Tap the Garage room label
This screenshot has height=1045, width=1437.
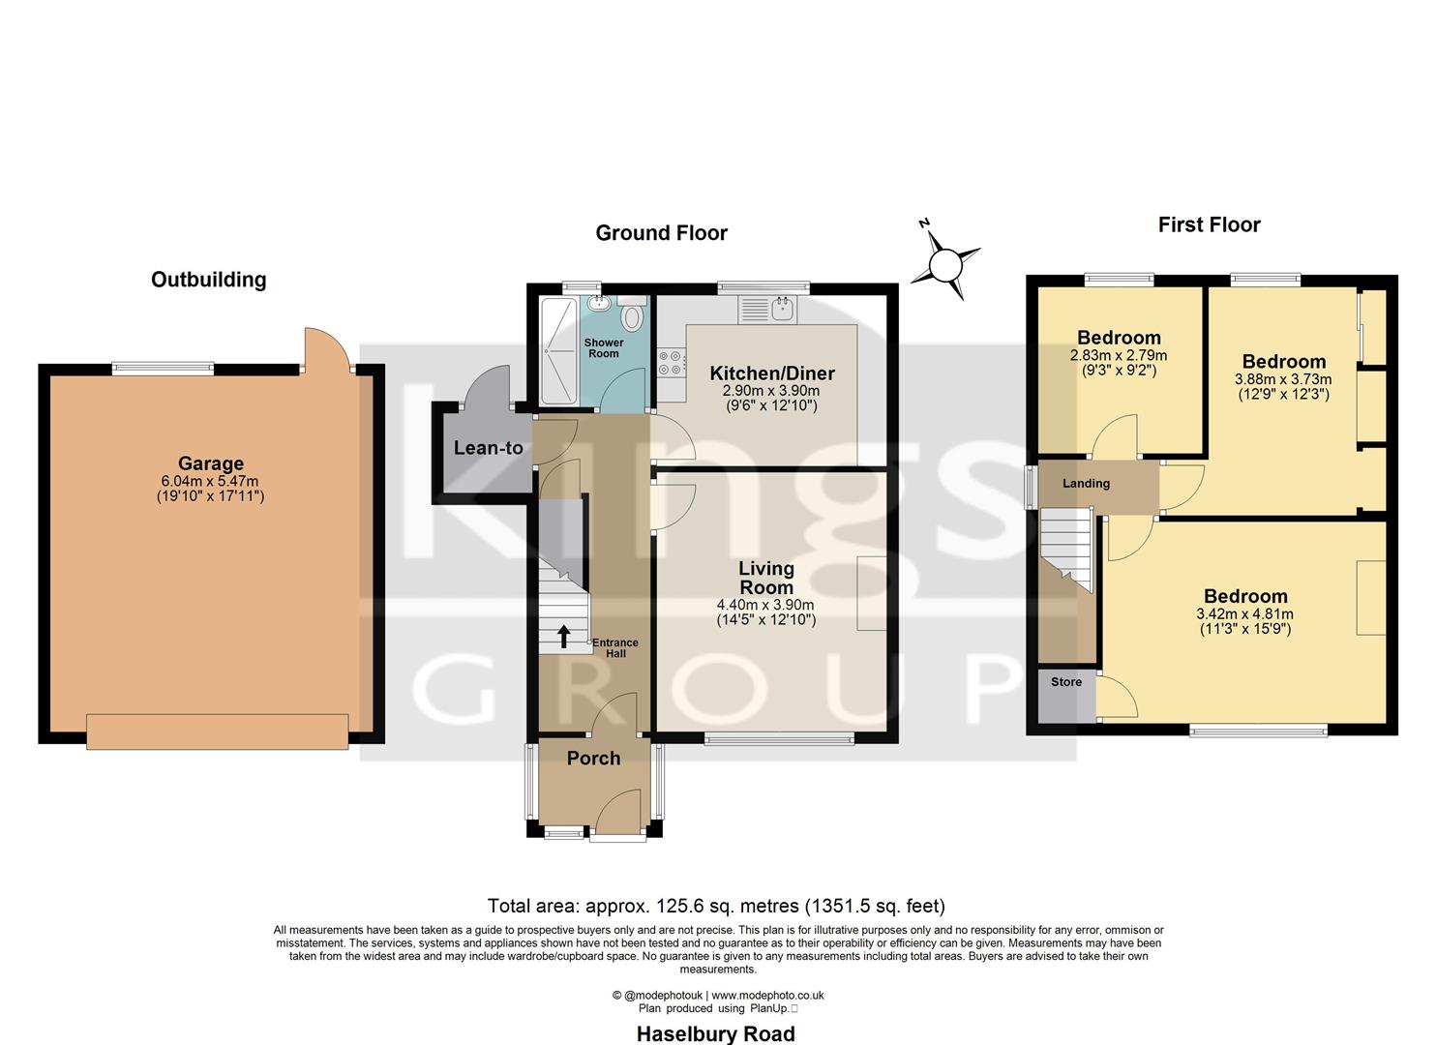[x=210, y=463]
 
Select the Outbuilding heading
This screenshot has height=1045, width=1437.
[x=208, y=280]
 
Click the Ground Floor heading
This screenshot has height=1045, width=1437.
[x=661, y=233]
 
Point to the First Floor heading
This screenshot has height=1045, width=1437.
[x=1209, y=225]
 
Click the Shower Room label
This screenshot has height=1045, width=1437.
[x=603, y=348]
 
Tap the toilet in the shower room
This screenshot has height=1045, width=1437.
[x=633, y=316]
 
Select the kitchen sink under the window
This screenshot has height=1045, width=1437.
[x=781, y=310]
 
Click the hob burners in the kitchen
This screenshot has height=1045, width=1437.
[x=669, y=362]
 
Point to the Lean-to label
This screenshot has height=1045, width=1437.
[x=488, y=448]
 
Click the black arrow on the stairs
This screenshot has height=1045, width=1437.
[x=563, y=636]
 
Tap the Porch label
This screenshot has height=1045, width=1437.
[x=593, y=759]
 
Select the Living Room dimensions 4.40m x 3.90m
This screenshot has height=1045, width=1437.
[x=765, y=606]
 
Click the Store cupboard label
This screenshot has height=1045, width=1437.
[x=1065, y=682]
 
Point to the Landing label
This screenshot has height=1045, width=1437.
[x=1086, y=484]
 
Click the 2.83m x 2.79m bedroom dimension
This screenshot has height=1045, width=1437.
[x=1119, y=356]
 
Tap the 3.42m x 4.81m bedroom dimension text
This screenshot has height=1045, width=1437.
[x=1244, y=614]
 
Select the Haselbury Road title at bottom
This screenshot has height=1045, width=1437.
[x=715, y=1033]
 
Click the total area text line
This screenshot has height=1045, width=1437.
[x=716, y=907]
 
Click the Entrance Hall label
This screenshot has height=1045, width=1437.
[x=615, y=648]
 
